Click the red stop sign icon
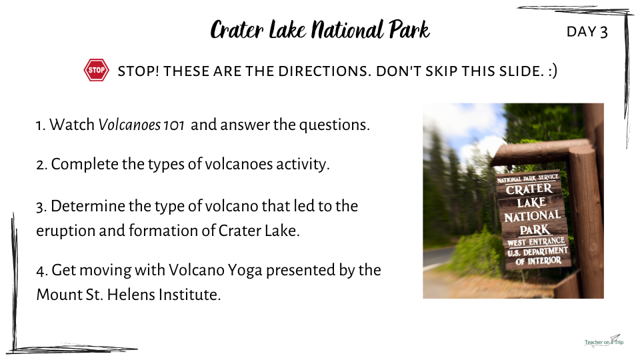click(96, 70)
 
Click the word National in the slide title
click(347, 30)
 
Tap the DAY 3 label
click(587, 31)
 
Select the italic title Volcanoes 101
click(141, 125)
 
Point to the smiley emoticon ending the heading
click(553, 71)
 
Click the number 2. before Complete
click(41, 165)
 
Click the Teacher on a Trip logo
click(604, 341)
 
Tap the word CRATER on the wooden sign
click(529, 189)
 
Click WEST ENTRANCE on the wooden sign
click(536, 241)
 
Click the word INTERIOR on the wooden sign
click(544, 261)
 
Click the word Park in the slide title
click(409, 30)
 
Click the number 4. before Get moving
click(42, 271)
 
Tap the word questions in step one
click(334, 125)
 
